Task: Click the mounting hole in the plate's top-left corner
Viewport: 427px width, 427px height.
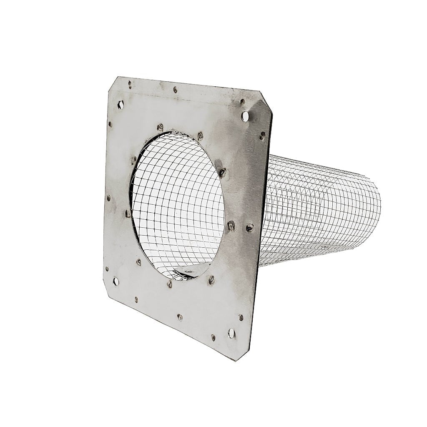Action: click(121, 105)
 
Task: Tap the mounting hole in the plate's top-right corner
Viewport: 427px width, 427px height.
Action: click(245, 116)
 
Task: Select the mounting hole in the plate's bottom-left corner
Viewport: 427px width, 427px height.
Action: click(116, 282)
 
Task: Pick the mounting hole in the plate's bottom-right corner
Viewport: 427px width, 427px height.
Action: click(231, 332)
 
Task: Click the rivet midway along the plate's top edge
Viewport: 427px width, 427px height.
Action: click(175, 89)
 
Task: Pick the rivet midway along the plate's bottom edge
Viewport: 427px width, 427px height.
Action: click(180, 317)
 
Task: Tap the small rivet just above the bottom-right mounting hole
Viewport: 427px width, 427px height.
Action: click(241, 317)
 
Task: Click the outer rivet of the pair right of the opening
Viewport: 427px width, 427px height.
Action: click(249, 228)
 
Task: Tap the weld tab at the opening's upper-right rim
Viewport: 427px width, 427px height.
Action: click(223, 172)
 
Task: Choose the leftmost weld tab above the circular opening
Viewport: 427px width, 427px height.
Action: click(160, 127)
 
